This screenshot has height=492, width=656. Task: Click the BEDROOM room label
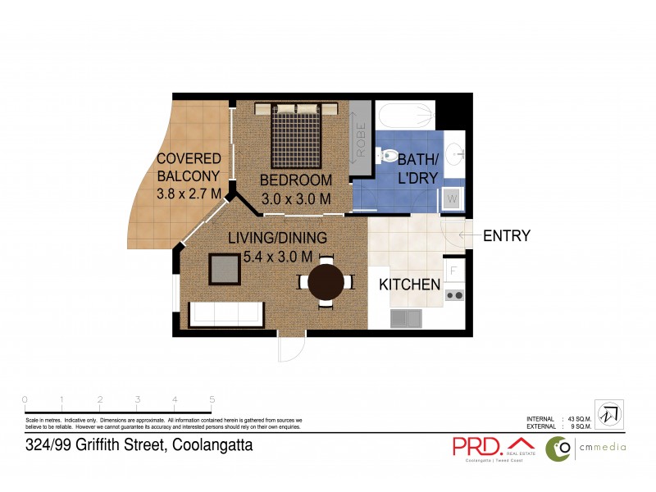[296, 180]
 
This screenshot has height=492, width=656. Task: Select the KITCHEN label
[409, 285]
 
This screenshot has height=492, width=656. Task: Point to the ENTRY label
[506, 236]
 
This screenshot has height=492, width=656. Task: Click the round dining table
[326, 282]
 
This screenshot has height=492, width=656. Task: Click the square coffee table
[225, 268]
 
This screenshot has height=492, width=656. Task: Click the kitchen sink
[406, 317]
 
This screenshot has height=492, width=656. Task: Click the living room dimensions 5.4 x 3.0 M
[277, 257]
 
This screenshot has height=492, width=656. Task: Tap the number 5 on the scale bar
[212, 400]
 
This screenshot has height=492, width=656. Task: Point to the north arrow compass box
[608, 414]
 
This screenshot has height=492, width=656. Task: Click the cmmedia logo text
[602, 447]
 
